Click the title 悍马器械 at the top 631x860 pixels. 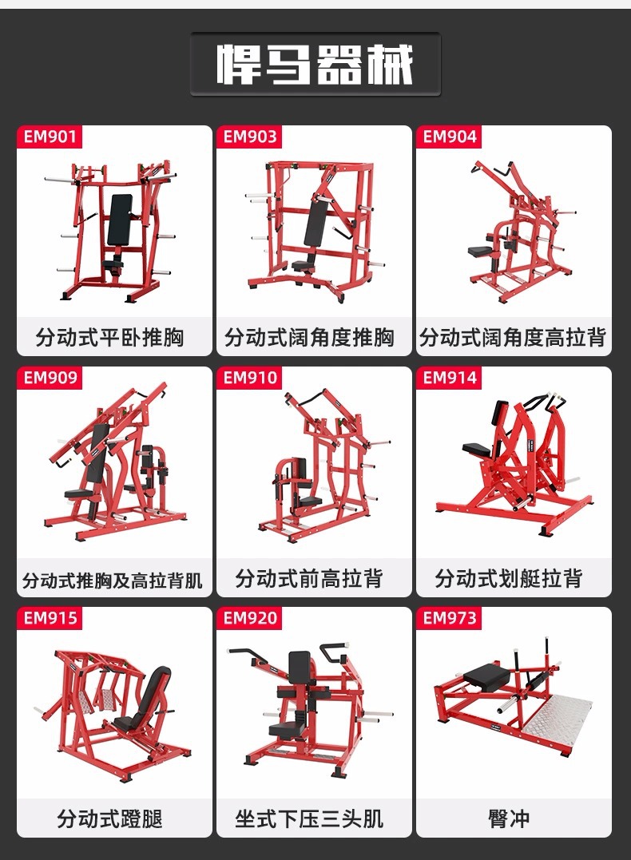click(315, 65)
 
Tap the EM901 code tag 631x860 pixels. click(50, 137)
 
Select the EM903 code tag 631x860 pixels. click(249, 137)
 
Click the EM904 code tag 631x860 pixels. click(449, 137)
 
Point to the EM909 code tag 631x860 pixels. click(50, 378)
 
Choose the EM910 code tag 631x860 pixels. click(249, 378)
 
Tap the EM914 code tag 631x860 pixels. click(449, 378)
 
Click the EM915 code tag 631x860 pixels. click(50, 618)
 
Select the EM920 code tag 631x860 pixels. click(249, 618)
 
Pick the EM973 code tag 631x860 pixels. click(449, 618)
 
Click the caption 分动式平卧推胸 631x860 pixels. click(109, 338)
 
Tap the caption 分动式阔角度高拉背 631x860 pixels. click(513, 338)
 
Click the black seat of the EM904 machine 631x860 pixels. click(480, 252)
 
